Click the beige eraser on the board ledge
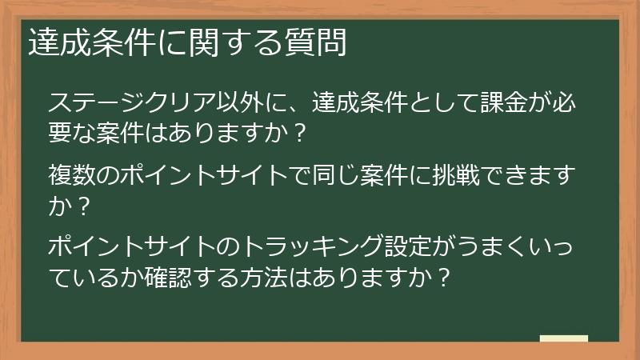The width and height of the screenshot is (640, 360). point(563,338)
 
